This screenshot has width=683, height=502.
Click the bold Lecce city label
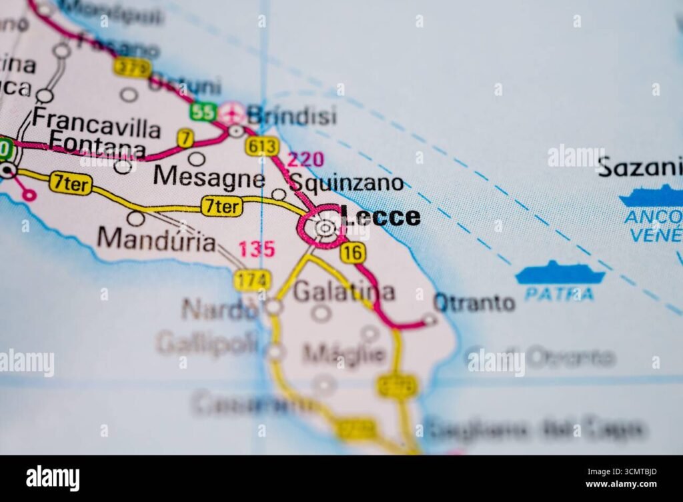pyautogui.click(x=381, y=217)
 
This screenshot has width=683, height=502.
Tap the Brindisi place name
pyautogui.click(x=291, y=115)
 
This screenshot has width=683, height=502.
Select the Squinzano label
pyautogui.click(x=347, y=183)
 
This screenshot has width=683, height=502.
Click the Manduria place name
pyautogui.click(x=156, y=239)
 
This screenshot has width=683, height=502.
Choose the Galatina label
pyautogui.click(x=344, y=291)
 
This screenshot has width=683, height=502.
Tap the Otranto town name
pyautogui.click(x=474, y=303)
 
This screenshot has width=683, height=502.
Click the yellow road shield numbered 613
pyautogui.click(x=261, y=145)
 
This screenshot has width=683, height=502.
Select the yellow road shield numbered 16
pyautogui.click(x=352, y=252)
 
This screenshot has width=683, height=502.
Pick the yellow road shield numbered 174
pyautogui.click(x=252, y=280)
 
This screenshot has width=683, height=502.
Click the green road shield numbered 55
pyautogui.click(x=202, y=111)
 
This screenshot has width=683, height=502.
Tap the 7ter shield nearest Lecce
pyautogui.click(x=221, y=207)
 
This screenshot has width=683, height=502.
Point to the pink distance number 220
pyautogui.click(x=305, y=159)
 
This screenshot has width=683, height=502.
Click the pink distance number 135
pyautogui.click(x=257, y=249)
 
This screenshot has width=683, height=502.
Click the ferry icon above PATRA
pyautogui.click(x=560, y=273)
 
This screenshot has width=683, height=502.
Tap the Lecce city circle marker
pyautogui.click(x=325, y=229)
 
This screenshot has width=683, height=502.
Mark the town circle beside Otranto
pyautogui.click(x=430, y=320)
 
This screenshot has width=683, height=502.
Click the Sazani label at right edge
pyautogui.click(x=640, y=167)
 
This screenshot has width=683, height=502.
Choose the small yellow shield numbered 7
pyautogui.click(x=185, y=138)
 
